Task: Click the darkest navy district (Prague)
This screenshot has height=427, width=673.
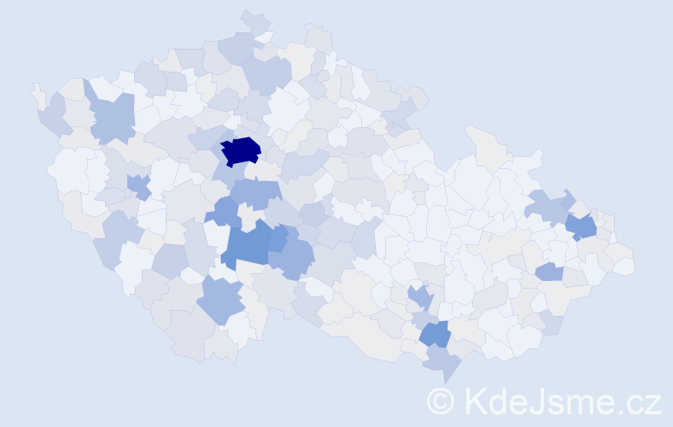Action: tap(242, 150)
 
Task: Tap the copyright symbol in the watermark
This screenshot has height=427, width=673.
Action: tap(441, 401)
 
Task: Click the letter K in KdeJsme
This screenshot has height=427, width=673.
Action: tap(475, 400)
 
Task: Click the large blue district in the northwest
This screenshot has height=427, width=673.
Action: tap(111, 119)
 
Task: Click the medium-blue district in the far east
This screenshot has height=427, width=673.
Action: tap(582, 226)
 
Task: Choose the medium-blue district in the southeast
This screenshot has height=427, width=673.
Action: tap(435, 334)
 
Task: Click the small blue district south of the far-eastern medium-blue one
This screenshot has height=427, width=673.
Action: tap(549, 272)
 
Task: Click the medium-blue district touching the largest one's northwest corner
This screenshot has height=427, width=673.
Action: tap(227, 211)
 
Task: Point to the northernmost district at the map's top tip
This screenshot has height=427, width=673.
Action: tap(255, 21)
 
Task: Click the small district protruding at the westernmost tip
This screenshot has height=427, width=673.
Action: tap(38, 94)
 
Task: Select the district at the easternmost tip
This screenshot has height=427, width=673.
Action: tap(624, 266)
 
